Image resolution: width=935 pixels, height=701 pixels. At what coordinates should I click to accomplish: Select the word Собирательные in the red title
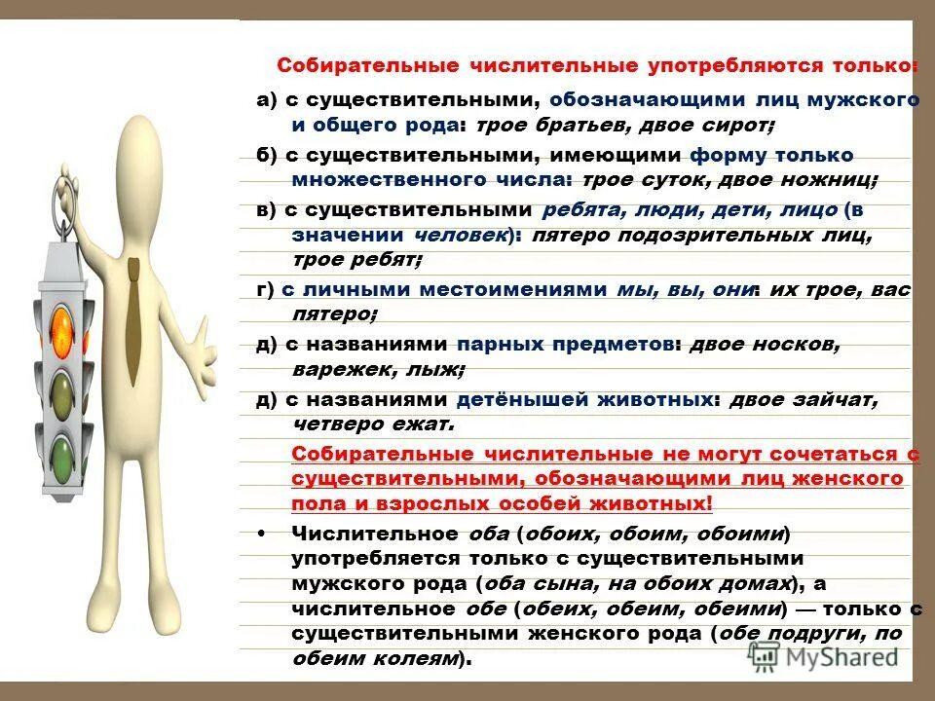pyautogui.click(x=355, y=66)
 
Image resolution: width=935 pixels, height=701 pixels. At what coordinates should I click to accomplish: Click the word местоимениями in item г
pyautogui.click(x=521, y=289)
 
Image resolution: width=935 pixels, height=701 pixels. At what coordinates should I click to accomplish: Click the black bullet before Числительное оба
pyautogui.click(x=266, y=534)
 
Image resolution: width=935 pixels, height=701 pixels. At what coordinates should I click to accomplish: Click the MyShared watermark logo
pyautogui.click(x=824, y=657)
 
